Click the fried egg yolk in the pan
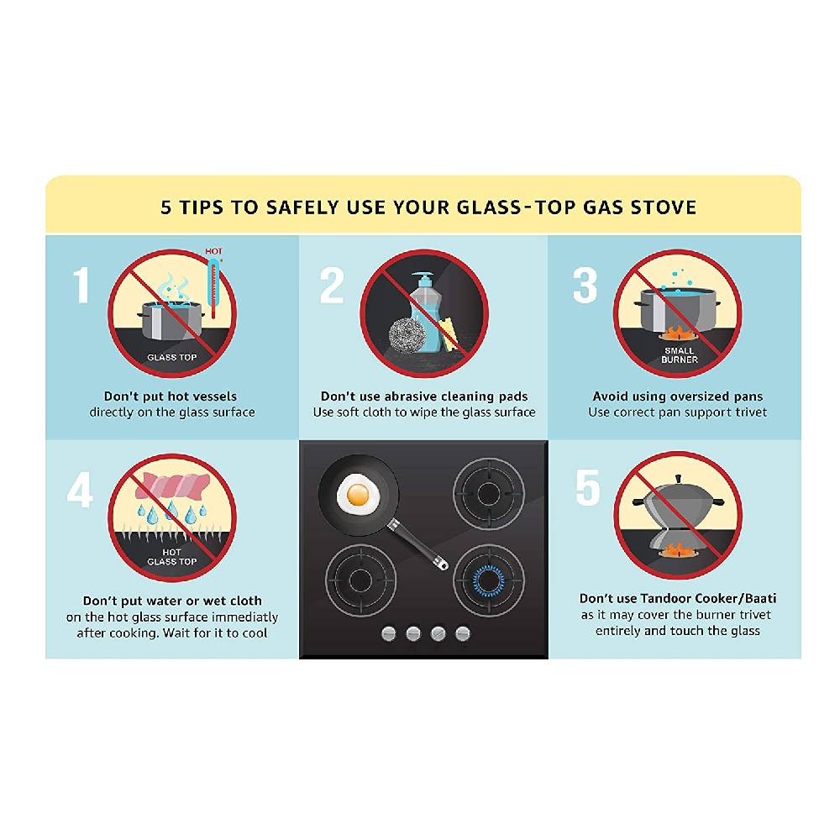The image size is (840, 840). (x=358, y=495)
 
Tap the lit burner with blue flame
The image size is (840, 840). (x=489, y=580)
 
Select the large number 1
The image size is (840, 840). (x=81, y=285)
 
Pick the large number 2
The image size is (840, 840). (x=332, y=286)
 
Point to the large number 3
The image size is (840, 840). (x=585, y=286)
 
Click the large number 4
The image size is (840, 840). (x=80, y=490)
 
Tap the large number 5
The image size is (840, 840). (x=588, y=487)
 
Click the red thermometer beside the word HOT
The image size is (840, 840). (x=213, y=288)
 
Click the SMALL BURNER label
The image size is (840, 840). (x=680, y=355)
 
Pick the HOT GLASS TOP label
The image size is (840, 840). (x=172, y=557)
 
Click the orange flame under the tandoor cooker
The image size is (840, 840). (x=676, y=549)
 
